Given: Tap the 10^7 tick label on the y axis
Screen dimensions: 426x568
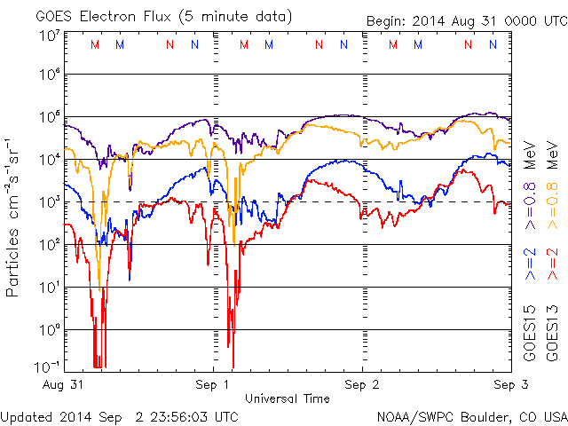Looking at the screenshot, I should [x=50, y=35].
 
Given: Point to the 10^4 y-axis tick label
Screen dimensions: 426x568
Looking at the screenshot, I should [x=50, y=160].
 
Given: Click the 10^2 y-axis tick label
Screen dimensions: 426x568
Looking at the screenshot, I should [x=50, y=244].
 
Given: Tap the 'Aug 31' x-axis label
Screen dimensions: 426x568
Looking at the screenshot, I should [x=63, y=385].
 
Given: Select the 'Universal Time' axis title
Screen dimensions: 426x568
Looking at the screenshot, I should [x=287, y=398].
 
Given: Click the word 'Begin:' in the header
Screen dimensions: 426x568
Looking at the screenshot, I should [x=387, y=21].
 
